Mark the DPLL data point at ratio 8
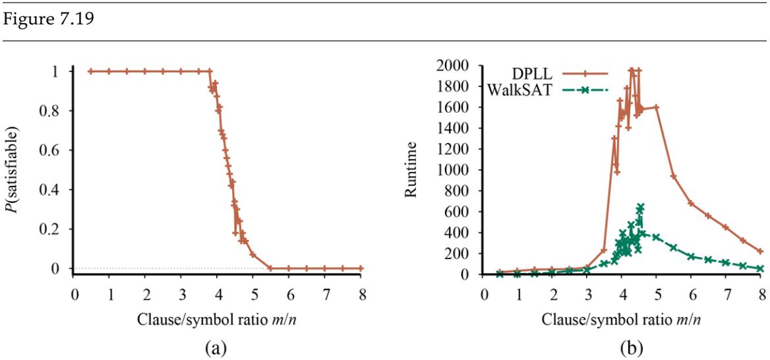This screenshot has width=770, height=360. tap(760, 251)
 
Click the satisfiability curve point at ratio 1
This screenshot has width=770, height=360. tap(110, 71)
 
